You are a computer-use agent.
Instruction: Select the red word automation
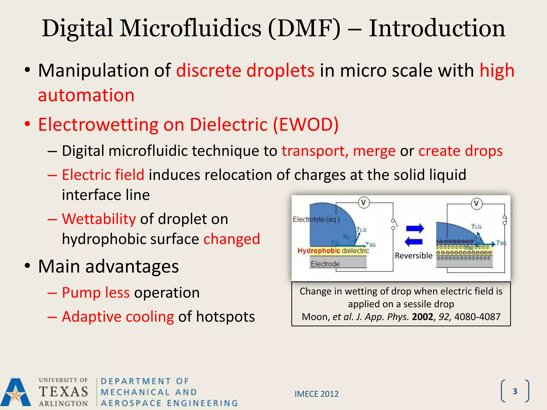click(86, 95)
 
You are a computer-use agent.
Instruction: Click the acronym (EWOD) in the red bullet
click(306, 124)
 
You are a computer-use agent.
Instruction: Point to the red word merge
click(374, 151)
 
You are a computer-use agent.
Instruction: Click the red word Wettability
click(99, 219)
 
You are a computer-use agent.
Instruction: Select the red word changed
click(232, 239)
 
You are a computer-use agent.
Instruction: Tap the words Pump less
click(96, 293)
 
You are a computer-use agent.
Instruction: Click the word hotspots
click(225, 317)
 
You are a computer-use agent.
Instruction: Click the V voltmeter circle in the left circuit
click(364, 203)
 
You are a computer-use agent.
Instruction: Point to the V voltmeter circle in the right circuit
click(476, 204)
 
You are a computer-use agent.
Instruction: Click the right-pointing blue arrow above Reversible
click(415, 228)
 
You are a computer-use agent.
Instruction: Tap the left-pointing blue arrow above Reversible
click(413, 242)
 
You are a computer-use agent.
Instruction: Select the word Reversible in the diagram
click(413, 256)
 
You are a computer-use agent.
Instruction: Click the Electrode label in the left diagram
click(325, 264)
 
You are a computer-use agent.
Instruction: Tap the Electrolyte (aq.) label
click(316, 219)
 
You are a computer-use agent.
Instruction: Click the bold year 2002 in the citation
click(422, 317)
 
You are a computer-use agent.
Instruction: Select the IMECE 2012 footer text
click(317, 394)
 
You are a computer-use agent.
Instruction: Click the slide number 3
click(515, 391)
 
